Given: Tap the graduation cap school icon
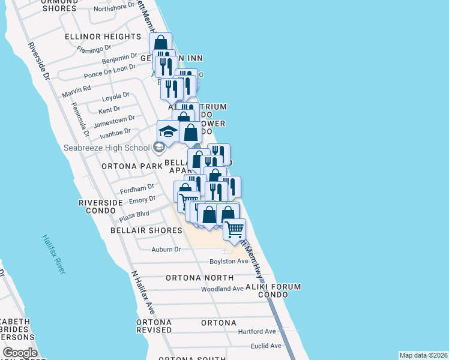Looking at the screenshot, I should point(169,132).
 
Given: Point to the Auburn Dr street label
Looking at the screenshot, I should point(166,249).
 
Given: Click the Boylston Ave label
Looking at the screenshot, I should point(229,262).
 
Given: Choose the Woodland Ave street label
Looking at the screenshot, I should point(221,289).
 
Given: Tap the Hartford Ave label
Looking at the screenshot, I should point(256,331).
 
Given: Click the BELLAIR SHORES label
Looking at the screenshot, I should point(146,230).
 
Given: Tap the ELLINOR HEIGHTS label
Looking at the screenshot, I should point(103,37).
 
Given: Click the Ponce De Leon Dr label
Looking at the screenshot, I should point(109,72).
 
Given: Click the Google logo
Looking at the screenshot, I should point(20,353).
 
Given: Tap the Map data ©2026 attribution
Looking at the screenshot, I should point(423,355).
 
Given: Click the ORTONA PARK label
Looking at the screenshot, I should point(131,166).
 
